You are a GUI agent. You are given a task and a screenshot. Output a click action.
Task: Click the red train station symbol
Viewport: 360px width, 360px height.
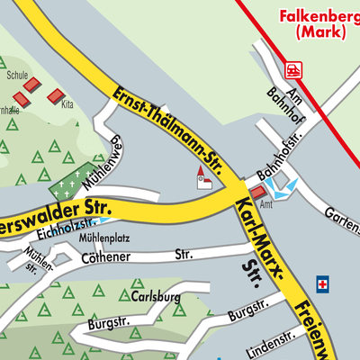tap(294, 68)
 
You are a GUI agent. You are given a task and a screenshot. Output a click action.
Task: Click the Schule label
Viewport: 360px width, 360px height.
tap(17, 76)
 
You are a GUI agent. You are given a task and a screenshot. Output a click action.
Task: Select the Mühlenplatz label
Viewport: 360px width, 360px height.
tap(108, 238)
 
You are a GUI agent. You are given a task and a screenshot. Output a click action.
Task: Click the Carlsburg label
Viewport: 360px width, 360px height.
tap(155, 296)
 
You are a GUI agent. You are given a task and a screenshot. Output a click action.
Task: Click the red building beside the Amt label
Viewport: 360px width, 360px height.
tap(258, 192)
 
